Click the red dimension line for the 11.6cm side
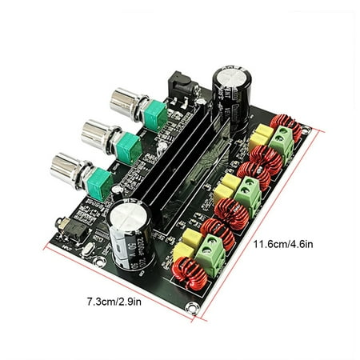(264, 224)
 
